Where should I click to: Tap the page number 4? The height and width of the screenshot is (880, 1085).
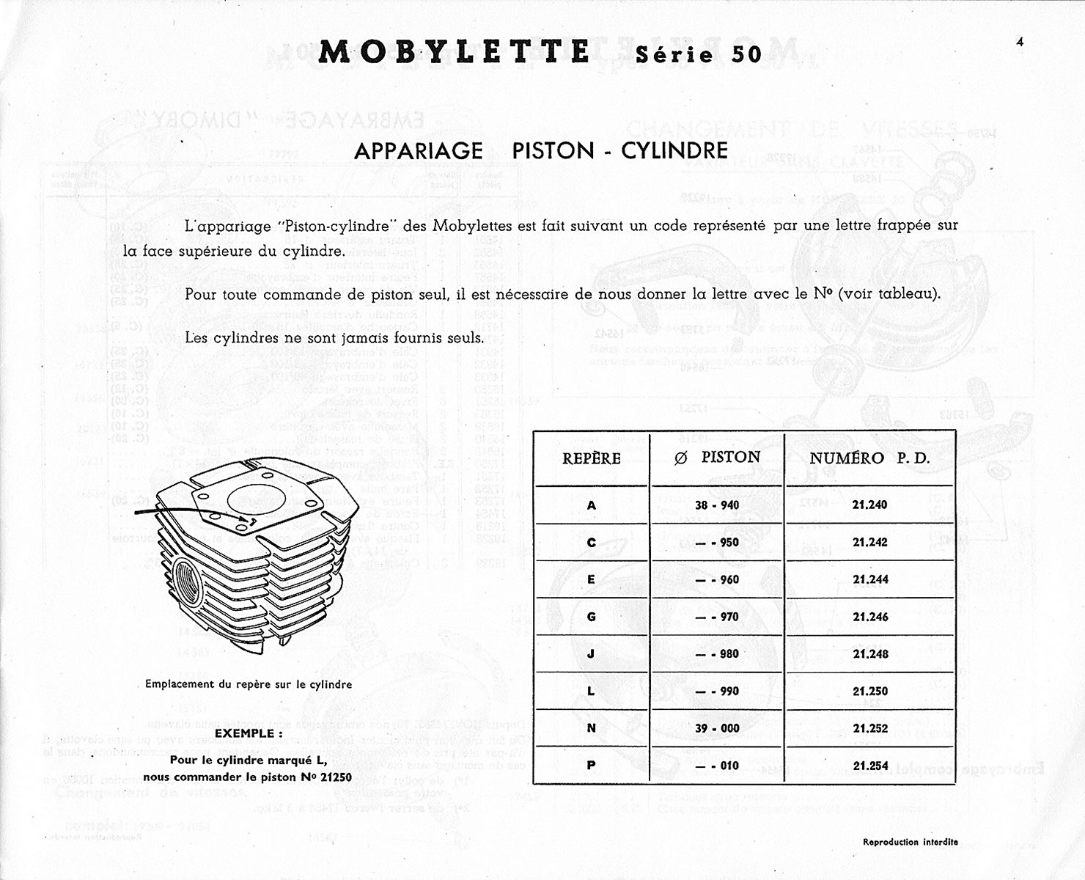coord(1020,42)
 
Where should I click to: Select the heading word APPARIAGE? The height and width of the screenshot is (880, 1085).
coord(418,151)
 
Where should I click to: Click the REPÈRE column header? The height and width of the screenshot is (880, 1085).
coord(591,458)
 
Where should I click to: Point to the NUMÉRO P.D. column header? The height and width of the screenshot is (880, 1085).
coord(869,458)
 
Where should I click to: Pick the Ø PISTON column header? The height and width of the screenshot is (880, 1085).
coord(717,458)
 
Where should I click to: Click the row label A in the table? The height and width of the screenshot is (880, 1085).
coord(591,505)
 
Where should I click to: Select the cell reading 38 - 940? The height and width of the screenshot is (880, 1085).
coord(717,505)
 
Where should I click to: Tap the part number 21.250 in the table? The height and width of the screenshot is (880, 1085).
coord(870,691)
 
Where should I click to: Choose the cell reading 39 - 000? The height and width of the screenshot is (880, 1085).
coord(717,728)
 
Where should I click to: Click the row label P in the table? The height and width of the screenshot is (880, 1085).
coord(591,766)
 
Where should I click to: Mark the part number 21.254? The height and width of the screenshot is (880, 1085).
coord(870,766)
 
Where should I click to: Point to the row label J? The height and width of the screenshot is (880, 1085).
coord(591,653)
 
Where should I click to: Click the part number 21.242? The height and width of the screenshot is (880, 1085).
coord(870,543)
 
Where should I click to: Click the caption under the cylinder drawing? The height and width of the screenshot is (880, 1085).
coord(249,684)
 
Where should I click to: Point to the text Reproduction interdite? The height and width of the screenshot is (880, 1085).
coord(910,842)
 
